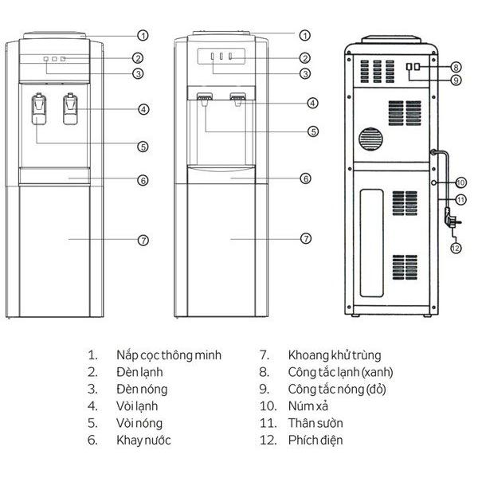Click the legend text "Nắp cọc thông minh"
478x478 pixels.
(x=169, y=355)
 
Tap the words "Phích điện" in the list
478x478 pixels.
(x=315, y=440)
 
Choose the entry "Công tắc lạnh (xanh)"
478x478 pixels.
(x=340, y=372)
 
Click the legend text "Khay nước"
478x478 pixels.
(x=144, y=440)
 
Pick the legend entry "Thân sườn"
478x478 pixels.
(x=313, y=423)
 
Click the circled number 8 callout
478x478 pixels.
(x=456, y=67)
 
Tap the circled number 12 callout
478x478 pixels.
(x=456, y=248)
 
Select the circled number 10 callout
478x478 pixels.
(x=460, y=182)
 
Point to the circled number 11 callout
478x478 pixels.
(x=460, y=199)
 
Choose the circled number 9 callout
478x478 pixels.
(x=456, y=80)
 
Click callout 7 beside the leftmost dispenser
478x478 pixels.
(x=143, y=239)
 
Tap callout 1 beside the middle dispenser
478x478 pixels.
(x=305, y=35)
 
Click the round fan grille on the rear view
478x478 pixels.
(x=371, y=139)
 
